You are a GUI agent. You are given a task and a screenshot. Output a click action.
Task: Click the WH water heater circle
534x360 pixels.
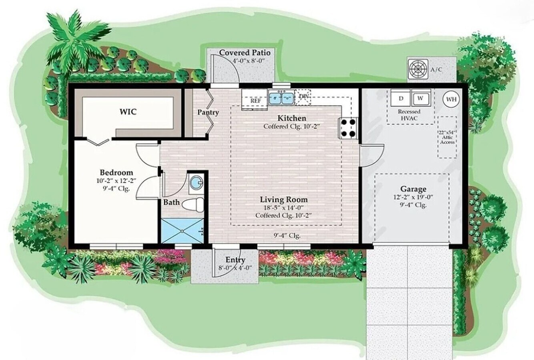pyautogui.click(x=451, y=99)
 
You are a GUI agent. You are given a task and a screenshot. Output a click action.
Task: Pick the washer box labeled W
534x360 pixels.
pyautogui.click(x=420, y=98)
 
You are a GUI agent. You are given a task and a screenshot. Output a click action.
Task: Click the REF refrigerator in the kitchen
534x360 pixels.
pyautogui.click(x=255, y=100)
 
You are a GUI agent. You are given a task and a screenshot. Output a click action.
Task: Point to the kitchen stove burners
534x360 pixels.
pyautogui.click(x=347, y=128)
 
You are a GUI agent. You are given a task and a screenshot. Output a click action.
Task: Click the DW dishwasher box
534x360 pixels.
pyautogui.click(x=303, y=96)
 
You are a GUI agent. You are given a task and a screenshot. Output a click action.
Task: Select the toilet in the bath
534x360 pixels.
pyautogui.click(x=193, y=204)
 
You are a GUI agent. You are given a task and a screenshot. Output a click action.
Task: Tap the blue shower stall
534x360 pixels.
pyautogui.click(x=182, y=230)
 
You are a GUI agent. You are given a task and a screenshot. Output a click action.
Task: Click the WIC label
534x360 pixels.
pyautogui.click(x=128, y=112)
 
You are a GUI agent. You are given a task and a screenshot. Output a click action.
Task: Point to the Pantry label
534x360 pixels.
pyautogui.click(x=208, y=112)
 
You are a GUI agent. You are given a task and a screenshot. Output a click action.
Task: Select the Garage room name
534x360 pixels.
pyautogui.click(x=413, y=189)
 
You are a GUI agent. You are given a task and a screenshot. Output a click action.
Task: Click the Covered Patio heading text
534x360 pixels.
pyautogui.click(x=245, y=53)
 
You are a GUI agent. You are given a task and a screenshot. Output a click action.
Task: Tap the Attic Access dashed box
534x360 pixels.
pyautogui.click(x=447, y=137)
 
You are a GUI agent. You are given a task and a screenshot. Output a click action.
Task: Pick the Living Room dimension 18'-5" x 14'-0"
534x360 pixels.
pyautogui.click(x=283, y=207)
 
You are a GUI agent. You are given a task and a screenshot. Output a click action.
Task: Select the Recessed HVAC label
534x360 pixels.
pyautogui.click(x=409, y=115)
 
